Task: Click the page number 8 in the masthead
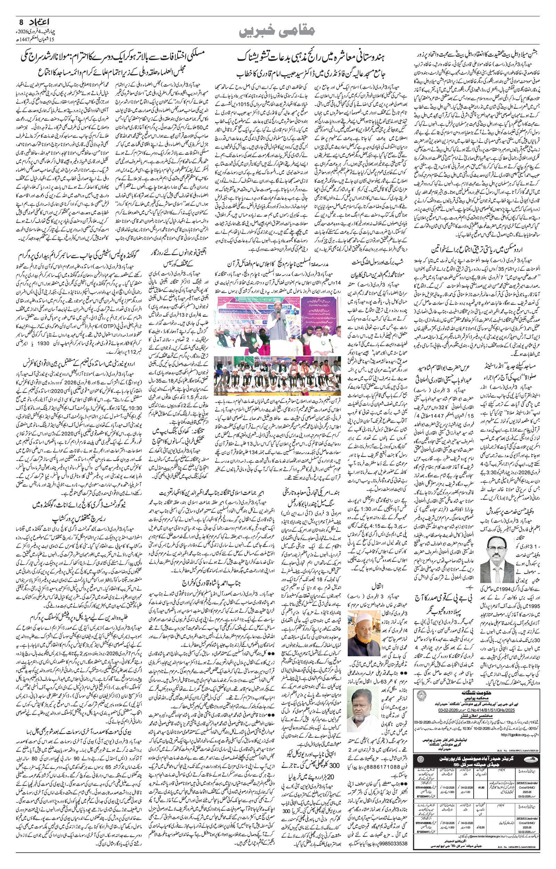point(21,22)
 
